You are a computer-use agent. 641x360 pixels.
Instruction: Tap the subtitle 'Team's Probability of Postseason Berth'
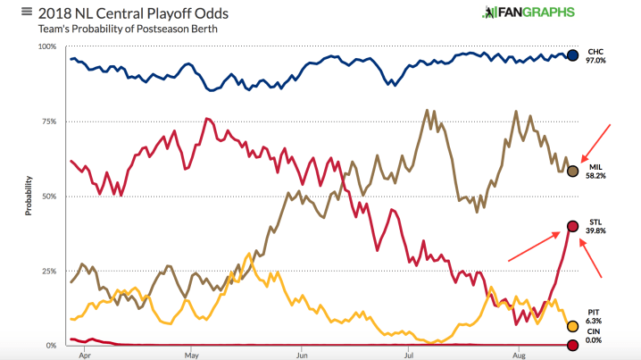click(x=127, y=29)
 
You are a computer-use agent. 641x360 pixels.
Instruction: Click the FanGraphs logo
click(x=528, y=13)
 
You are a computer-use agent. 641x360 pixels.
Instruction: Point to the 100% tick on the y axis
click(x=46, y=46)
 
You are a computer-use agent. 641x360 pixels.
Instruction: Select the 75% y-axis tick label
click(x=48, y=121)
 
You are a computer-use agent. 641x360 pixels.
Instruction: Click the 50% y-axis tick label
click(x=48, y=196)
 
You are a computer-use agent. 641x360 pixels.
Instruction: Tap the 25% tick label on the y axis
click(x=48, y=271)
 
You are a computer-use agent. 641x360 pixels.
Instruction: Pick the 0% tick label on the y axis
click(x=51, y=345)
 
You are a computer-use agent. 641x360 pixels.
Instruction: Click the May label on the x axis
click(x=191, y=355)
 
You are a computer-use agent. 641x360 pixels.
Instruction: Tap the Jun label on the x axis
click(x=302, y=355)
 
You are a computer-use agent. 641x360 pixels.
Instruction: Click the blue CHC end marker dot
click(x=572, y=55)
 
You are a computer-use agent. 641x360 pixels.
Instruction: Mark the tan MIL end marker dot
click(x=572, y=171)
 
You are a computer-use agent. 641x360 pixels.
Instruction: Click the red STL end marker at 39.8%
click(x=572, y=226)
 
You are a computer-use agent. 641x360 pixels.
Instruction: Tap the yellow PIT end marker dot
click(x=572, y=326)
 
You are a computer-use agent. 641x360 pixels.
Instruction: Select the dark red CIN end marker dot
click(x=572, y=345)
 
